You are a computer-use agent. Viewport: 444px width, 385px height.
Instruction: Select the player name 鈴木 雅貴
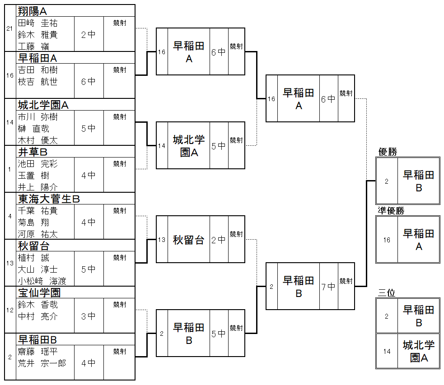click(38, 35)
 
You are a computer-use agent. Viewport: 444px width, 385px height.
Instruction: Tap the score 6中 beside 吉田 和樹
click(89, 82)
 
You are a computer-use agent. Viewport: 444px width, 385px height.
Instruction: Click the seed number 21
click(9, 28)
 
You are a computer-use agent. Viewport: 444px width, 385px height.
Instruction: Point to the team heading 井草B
click(33, 152)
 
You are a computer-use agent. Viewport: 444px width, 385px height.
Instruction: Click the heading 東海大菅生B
click(49, 199)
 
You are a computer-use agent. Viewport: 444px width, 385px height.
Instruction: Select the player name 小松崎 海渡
click(42, 281)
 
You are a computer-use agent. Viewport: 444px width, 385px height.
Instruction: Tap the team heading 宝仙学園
click(39, 293)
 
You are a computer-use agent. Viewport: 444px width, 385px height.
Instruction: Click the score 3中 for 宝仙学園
click(89, 316)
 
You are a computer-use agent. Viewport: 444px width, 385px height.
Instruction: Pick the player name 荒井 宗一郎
click(42, 363)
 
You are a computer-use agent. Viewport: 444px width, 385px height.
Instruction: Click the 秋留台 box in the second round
click(188, 240)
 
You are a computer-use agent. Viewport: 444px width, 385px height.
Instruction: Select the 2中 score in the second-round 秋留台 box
click(219, 240)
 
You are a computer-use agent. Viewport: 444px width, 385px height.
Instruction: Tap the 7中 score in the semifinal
click(328, 287)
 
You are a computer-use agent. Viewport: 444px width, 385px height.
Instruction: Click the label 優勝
click(388, 152)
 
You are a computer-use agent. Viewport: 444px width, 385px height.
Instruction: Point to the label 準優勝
click(391, 211)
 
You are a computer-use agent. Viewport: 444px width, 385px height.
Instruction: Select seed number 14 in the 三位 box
click(387, 352)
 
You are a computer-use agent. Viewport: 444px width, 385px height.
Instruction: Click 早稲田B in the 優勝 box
click(418, 181)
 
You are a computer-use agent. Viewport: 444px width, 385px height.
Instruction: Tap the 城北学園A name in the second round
click(188, 146)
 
